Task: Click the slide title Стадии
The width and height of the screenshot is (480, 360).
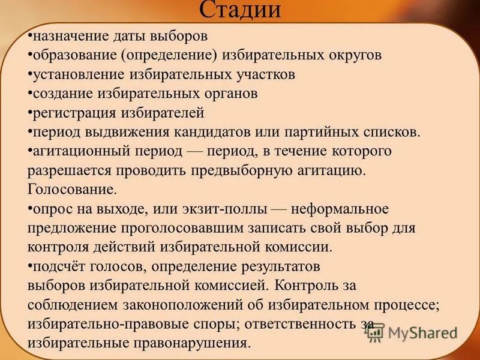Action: [x=239, y=10]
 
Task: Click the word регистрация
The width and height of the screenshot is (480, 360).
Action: [x=68, y=113]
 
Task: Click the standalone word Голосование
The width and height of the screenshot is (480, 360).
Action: [x=71, y=190]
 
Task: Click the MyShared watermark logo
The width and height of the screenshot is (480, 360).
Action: [x=413, y=332]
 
